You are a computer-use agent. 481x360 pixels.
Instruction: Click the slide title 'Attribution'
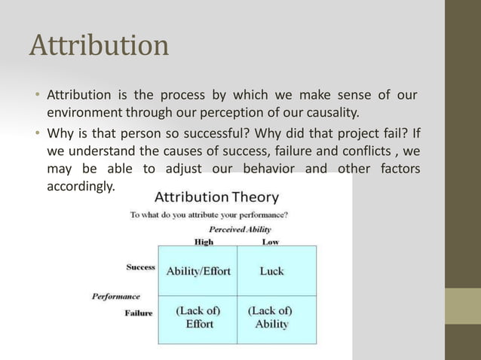[99, 46]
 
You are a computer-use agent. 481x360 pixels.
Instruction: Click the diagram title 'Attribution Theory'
[216, 197]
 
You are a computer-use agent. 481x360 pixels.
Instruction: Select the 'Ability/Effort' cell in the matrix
[198, 271]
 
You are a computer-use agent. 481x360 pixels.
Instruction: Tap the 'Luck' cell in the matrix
[271, 271]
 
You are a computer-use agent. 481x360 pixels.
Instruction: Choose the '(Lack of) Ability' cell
[271, 317]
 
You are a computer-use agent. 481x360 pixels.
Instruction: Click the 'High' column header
[204, 242]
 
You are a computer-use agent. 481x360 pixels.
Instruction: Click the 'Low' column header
[270, 242]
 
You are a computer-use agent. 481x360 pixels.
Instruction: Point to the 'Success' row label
[140, 267]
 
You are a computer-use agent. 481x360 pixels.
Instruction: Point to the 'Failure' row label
[139, 313]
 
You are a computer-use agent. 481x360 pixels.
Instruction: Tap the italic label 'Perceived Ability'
[240, 229]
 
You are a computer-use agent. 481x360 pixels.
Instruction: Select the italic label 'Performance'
[115, 296]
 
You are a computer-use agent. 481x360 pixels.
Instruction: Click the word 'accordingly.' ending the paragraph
[81, 185]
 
